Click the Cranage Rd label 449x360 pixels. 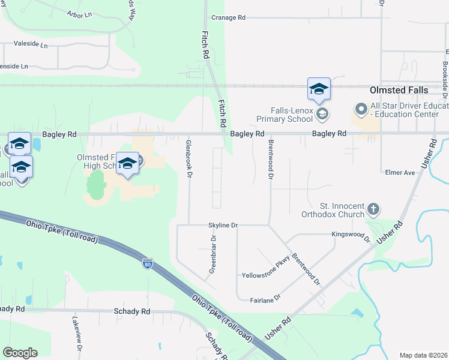[x=225, y=18]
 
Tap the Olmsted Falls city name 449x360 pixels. [x=399, y=90]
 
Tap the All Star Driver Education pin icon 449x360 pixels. [x=361, y=109]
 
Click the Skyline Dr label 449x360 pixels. [x=223, y=225]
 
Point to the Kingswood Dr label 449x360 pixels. [x=351, y=235]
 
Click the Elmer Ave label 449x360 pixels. [x=400, y=173]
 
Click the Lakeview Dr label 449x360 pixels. [x=76, y=334]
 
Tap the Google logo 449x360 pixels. [x=20, y=353]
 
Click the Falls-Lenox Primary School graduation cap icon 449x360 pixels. [x=322, y=113]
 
